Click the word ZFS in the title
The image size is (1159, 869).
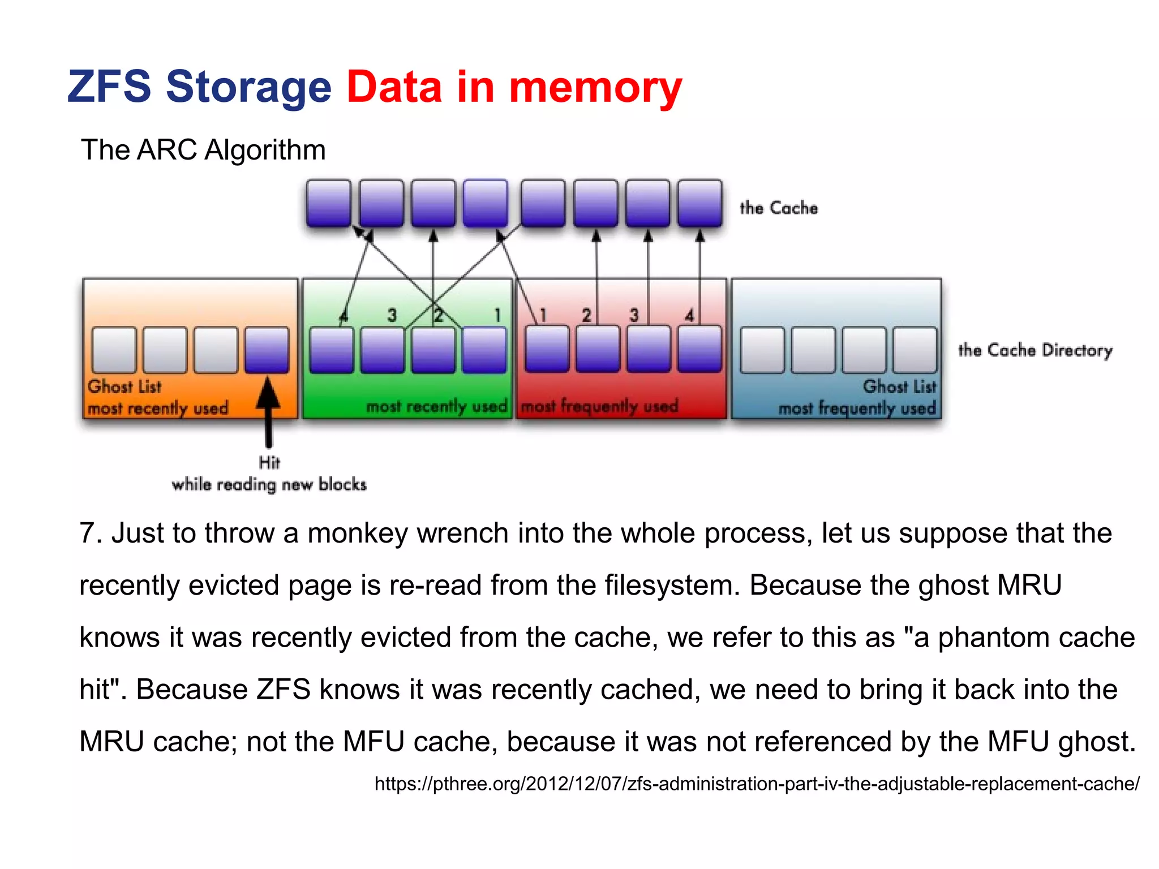point(109,87)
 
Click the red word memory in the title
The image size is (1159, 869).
point(595,88)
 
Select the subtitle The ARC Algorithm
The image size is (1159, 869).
point(203,150)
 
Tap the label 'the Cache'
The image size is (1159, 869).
point(779,208)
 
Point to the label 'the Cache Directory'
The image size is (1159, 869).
point(1035,350)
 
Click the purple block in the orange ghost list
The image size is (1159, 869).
point(267,350)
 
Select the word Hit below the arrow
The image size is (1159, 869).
point(269,462)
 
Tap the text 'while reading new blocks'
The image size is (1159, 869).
point(269,485)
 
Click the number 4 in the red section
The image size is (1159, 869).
point(689,315)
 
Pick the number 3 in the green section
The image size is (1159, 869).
point(392,315)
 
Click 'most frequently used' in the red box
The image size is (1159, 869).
point(599,406)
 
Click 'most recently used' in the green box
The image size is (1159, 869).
point(436,406)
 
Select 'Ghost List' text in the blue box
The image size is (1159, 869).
point(899,386)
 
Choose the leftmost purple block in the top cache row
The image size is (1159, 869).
point(328,203)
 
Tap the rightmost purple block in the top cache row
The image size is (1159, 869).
point(700,203)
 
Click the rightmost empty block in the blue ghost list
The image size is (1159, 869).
point(915,350)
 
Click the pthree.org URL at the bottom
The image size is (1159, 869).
point(757,784)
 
